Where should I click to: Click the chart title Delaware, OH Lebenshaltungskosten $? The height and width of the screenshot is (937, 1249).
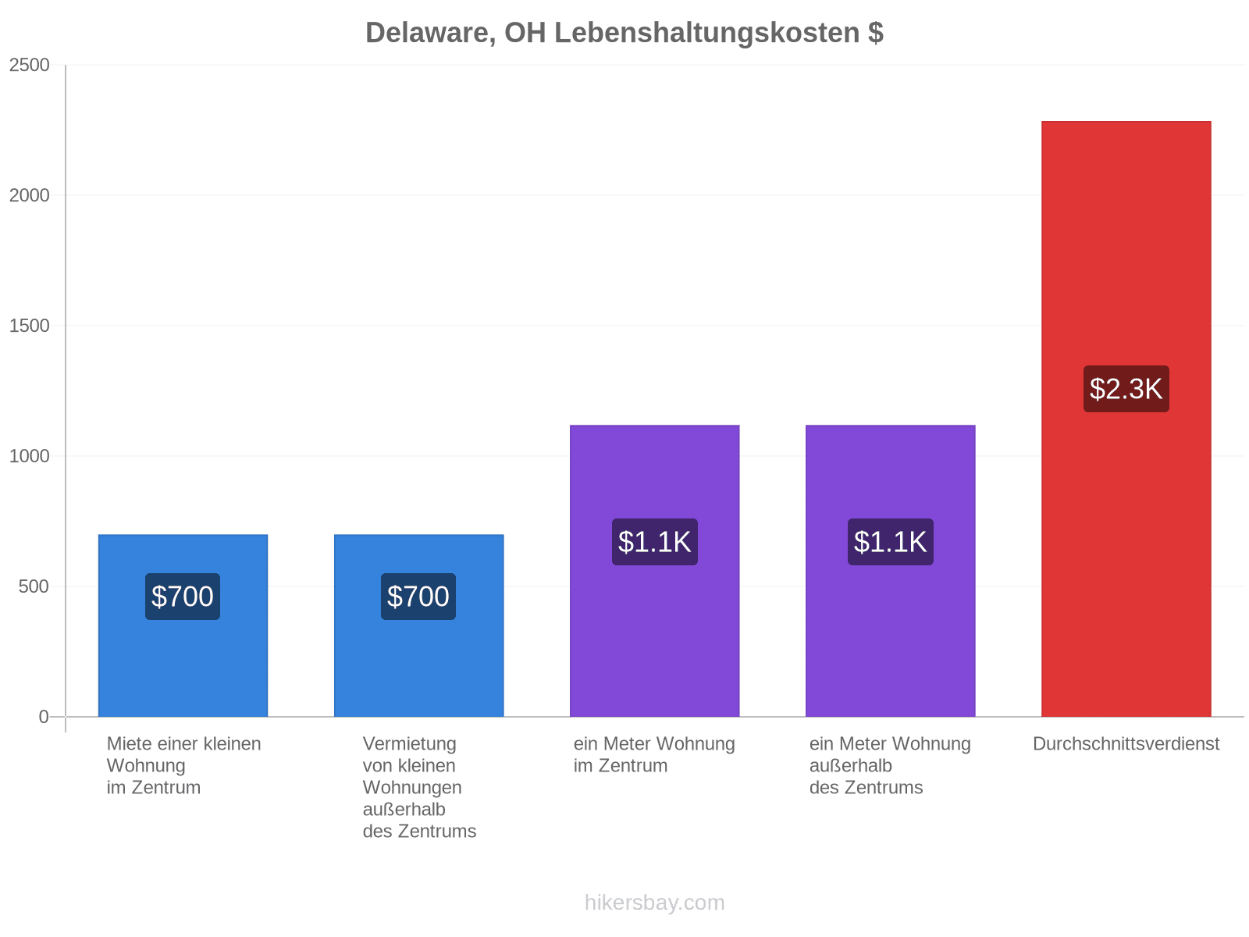click(x=624, y=33)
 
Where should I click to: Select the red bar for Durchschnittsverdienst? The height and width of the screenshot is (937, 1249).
click(x=1126, y=419)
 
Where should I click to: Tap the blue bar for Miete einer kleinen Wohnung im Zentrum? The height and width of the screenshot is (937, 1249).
click(x=183, y=625)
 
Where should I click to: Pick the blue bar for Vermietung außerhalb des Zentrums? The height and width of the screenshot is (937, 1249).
click(x=418, y=625)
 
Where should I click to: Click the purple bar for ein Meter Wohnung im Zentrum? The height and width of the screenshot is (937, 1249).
click(x=654, y=570)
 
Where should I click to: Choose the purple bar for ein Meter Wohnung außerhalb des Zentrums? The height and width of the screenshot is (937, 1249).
click(x=890, y=570)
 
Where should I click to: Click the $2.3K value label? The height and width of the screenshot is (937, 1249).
click(x=1126, y=389)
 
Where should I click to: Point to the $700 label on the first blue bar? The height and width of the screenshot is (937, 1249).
click(x=183, y=597)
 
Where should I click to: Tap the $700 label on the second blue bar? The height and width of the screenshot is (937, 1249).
click(x=418, y=597)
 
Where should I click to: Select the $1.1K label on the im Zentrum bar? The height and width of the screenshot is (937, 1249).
click(x=654, y=542)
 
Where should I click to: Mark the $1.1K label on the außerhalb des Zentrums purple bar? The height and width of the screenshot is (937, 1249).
click(x=890, y=542)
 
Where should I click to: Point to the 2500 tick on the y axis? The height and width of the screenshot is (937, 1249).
click(x=30, y=65)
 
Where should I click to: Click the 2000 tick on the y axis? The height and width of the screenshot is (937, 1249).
click(x=30, y=195)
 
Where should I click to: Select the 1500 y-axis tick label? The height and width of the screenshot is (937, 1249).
click(x=30, y=326)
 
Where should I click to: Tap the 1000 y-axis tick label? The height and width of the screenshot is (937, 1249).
click(x=30, y=456)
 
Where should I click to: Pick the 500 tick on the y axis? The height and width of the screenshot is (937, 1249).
click(x=34, y=586)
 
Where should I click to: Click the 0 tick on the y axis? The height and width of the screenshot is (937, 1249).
click(x=44, y=716)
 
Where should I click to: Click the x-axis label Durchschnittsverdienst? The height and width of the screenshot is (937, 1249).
click(x=1126, y=743)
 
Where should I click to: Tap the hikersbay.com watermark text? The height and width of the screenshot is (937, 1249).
click(x=654, y=903)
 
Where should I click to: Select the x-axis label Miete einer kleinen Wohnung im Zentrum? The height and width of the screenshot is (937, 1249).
click(x=183, y=765)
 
